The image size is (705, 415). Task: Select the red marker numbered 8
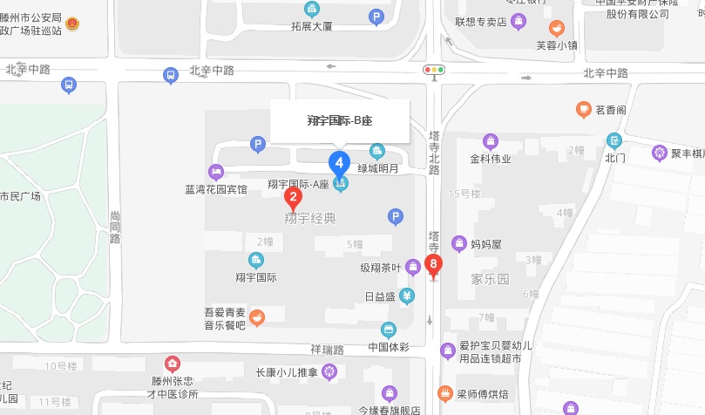(x=433, y=264)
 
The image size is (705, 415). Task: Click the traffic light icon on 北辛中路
(x=434, y=70)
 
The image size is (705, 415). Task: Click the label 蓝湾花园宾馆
(x=216, y=188)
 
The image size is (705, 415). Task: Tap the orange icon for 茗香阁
(x=584, y=110)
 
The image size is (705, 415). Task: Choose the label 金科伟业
(x=491, y=159)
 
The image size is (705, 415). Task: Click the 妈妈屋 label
(x=486, y=244)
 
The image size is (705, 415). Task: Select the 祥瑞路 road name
(x=327, y=350)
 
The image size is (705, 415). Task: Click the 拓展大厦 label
(x=312, y=26)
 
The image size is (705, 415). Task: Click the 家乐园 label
(x=490, y=280)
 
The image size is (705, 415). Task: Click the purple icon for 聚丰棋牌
(x=660, y=153)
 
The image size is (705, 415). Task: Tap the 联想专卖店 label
(x=481, y=22)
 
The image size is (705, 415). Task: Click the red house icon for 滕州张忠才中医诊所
(x=173, y=364)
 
